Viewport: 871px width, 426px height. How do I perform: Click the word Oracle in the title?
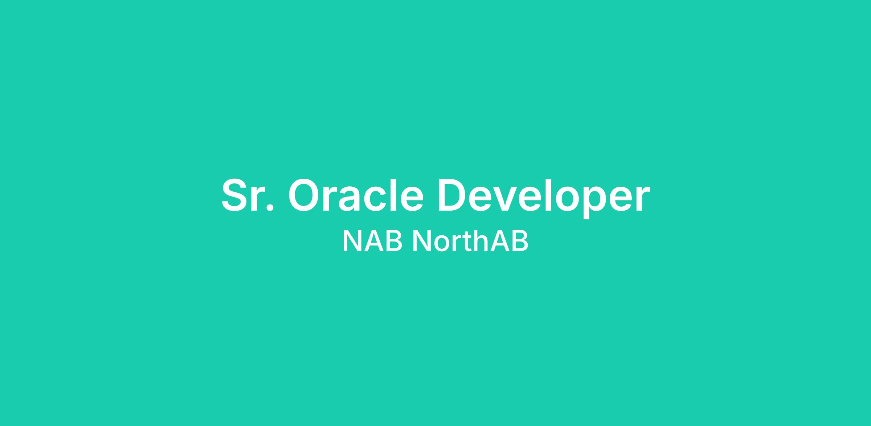point(356,195)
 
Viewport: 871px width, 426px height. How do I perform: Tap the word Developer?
point(544,198)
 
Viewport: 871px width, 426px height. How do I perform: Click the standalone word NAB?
point(372,240)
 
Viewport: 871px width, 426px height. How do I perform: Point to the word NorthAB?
point(470,240)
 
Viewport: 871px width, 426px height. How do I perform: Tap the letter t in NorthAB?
point(467,242)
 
